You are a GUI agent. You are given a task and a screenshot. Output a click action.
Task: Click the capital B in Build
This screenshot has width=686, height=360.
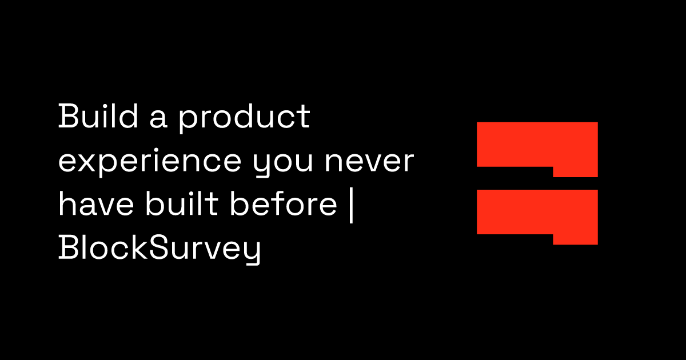click(67, 118)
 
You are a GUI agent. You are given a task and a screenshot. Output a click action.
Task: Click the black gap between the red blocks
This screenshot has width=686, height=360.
click(514, 178)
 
